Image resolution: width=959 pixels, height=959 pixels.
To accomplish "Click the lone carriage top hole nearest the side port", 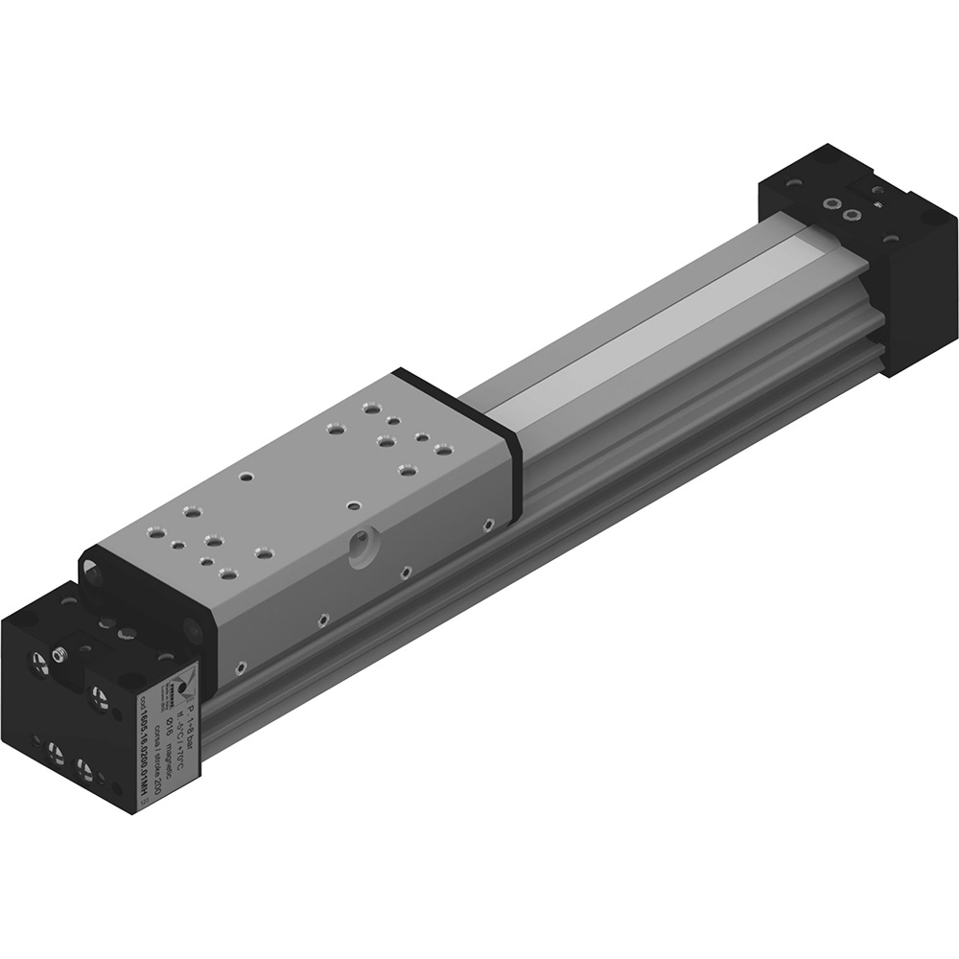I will pyautogui.click(x=354, y=504).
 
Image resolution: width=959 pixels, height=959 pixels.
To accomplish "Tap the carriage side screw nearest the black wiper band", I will pyautogui.click(x=489, y=524).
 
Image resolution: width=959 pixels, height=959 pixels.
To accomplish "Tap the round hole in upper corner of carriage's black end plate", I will pyautogui.click(x=93, y=573).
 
